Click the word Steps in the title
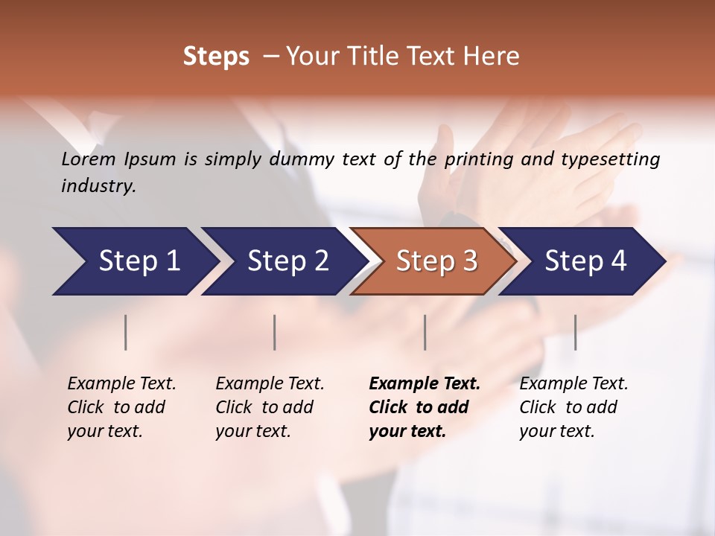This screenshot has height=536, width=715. click(216, 56)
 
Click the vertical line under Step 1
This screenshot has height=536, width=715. click(125, 332)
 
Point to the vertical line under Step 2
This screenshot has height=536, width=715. click(274, 332)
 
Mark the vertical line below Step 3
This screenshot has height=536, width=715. click(425, 332)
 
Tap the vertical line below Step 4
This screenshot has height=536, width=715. click(575, 332)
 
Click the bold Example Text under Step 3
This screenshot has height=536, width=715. click(425, 384)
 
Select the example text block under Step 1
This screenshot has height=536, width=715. click(121, 407)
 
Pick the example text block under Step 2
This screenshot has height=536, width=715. click(270, 407)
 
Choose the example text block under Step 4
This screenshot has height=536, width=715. click(573, 407)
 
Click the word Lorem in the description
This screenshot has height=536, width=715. click(89, 159)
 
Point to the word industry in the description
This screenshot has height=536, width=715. click(98, 185)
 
